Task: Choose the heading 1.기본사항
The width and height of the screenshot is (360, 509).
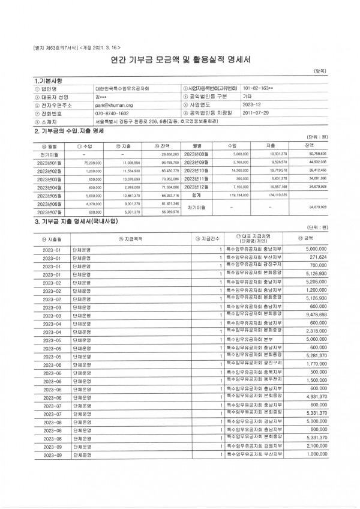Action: [49, 80]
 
